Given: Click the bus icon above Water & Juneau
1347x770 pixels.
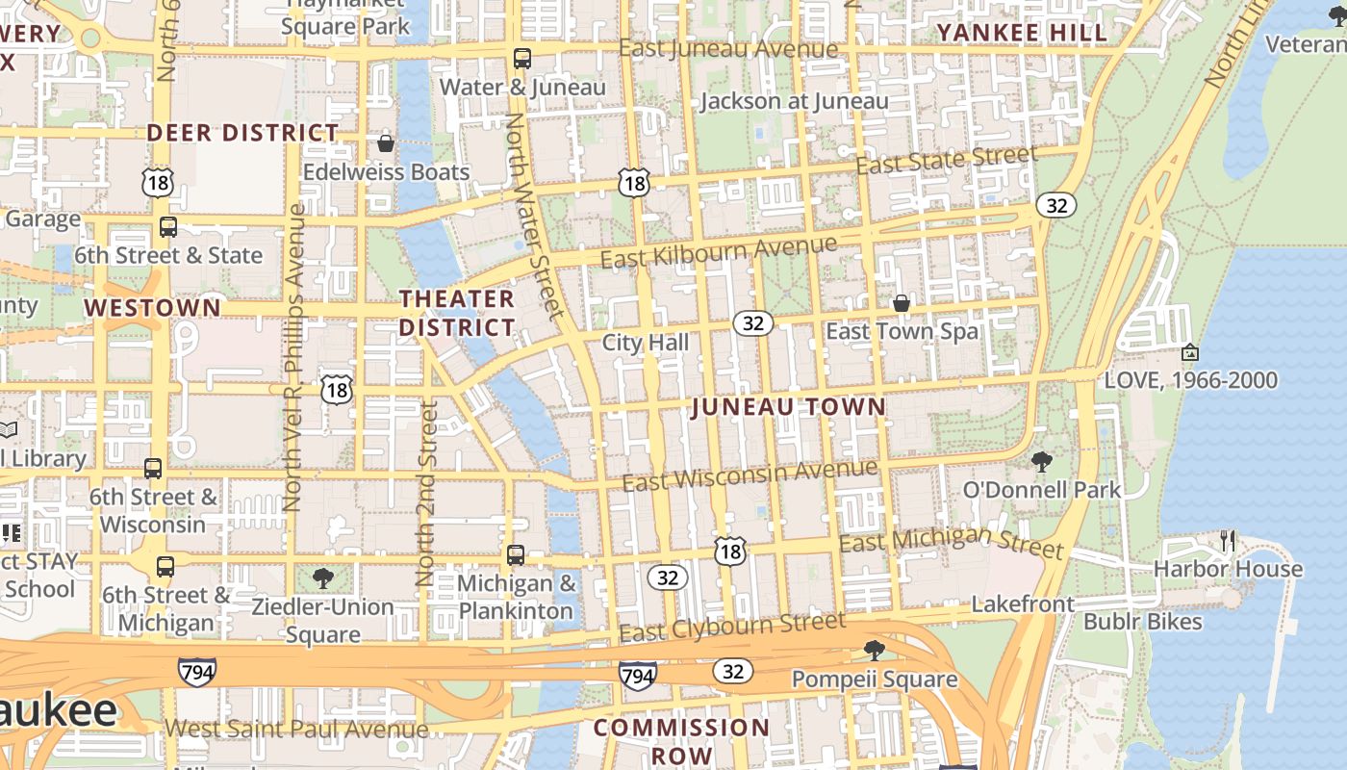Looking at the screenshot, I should [521, 59].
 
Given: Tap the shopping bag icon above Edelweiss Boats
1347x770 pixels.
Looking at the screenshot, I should [386, 143].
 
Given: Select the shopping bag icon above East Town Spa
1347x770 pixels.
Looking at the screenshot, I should [902, 303].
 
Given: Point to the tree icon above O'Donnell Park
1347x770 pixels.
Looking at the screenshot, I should [1041, 461].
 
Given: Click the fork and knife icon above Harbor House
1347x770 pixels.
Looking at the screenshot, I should [1228, 540].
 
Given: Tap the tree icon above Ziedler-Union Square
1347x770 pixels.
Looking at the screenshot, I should [323, 578].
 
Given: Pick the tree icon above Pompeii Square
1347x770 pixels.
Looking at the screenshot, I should [874, 651].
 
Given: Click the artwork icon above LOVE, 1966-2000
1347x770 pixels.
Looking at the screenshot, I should [1190, 352].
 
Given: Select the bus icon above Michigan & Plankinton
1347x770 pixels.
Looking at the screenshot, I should [516, 555].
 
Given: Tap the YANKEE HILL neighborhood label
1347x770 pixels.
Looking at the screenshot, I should [1022, 33].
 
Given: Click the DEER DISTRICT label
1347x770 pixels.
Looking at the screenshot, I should [242, 133].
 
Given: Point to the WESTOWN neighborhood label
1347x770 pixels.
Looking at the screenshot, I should [152, 308].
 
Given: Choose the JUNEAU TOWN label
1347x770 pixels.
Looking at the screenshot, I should [788, 407].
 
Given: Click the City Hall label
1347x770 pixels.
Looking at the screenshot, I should [645, 343].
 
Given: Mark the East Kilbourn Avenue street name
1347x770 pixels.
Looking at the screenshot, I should [718, 252].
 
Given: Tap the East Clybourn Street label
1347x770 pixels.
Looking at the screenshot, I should [732, 627].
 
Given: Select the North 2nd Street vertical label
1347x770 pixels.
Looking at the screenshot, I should [426, 493].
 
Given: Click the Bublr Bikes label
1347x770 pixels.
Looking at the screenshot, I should [1142, 622].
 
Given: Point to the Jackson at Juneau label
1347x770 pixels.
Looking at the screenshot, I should [794, 101].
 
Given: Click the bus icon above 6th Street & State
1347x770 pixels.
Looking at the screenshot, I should [168, 227].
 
